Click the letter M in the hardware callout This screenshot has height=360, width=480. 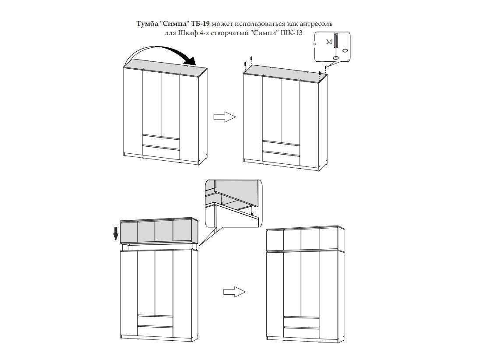coord(329,42)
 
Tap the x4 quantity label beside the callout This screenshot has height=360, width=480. coord(314,44)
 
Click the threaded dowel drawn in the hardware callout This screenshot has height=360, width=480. coord(336,41)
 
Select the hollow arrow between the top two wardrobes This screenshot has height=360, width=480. coord(225,117)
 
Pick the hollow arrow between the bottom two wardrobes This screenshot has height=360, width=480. coord(234,292)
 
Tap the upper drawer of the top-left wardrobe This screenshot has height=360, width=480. coord(160,139)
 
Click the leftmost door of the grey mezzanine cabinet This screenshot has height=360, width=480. coord(129,231)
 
